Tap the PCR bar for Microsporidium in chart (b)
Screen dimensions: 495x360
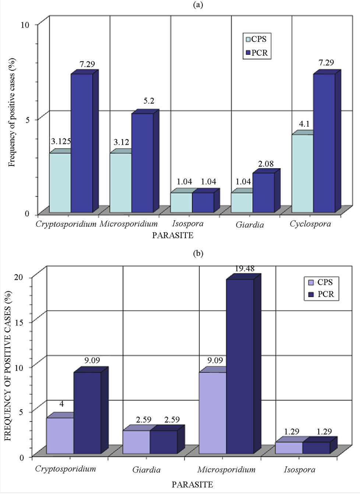point(240,366)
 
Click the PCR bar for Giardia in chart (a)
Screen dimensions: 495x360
point(264,193)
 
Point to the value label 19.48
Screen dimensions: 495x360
point(244,269)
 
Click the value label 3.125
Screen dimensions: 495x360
point(61,141)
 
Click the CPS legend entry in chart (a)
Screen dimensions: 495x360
point(256,39)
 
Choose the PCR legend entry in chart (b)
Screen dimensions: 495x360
point(322,294)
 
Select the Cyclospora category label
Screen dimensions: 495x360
point(310,224)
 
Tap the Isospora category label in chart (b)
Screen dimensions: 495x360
point(299,470)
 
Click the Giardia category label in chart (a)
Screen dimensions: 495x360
point(250,225)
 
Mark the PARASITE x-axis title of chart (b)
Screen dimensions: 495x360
point(192,484)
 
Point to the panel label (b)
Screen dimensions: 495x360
point(198,253)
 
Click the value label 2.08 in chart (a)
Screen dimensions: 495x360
point(265,164)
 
